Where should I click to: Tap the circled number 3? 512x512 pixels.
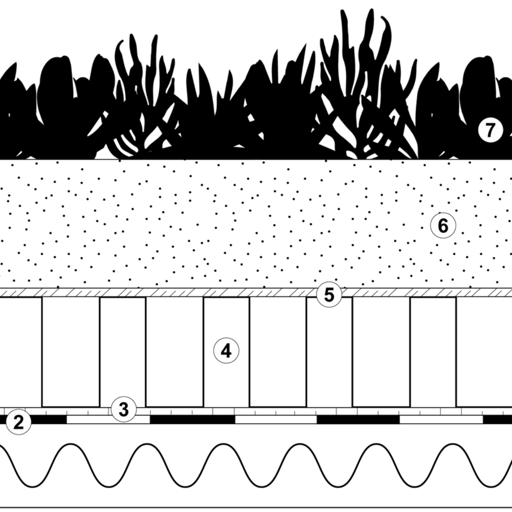[x=123, y=409]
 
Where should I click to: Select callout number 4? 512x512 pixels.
[x=226, y=351]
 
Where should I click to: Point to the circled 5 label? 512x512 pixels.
[x=329, y=295]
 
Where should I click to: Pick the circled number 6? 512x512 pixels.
[x=443, y=226]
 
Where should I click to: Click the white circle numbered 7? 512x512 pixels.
[x=490, y=130]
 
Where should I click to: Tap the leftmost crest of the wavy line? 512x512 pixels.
[x=71, y=444]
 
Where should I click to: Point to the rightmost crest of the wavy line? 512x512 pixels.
[x=452, y=444]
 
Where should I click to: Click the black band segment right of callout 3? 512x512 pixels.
[x=192, y=419]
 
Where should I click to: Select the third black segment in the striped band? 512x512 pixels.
[x=358, y=419]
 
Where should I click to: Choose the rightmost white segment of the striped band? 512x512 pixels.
[x=441, y=419]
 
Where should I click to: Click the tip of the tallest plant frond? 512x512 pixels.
[x=370, y=10]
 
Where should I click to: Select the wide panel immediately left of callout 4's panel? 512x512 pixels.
[x=174, y=351]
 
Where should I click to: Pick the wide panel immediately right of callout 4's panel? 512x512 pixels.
[x=278, y=351]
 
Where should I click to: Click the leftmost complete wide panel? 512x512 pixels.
[x=71, y=351]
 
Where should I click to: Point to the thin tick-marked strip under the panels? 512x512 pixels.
[x=268, y=411]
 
